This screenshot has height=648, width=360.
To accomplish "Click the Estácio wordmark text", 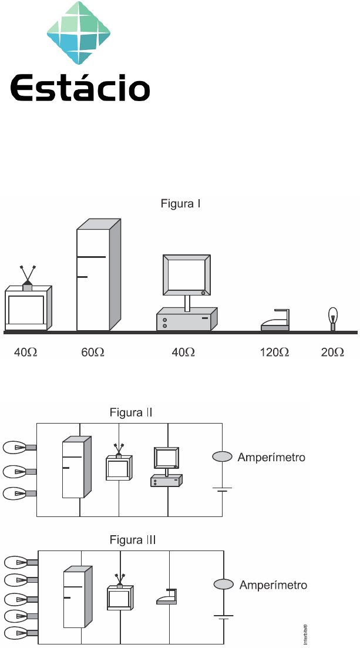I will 80,88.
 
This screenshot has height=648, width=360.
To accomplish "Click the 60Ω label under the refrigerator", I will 93,352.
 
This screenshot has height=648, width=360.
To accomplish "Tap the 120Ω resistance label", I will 275,352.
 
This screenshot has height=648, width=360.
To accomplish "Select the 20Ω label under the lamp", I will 332,352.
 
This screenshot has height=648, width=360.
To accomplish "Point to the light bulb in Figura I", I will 333,318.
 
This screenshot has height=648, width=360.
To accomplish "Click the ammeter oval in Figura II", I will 223,457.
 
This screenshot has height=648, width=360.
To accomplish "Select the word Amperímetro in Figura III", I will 273,585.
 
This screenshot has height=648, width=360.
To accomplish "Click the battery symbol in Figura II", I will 223,489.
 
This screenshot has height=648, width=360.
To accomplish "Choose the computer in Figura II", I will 166,467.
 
